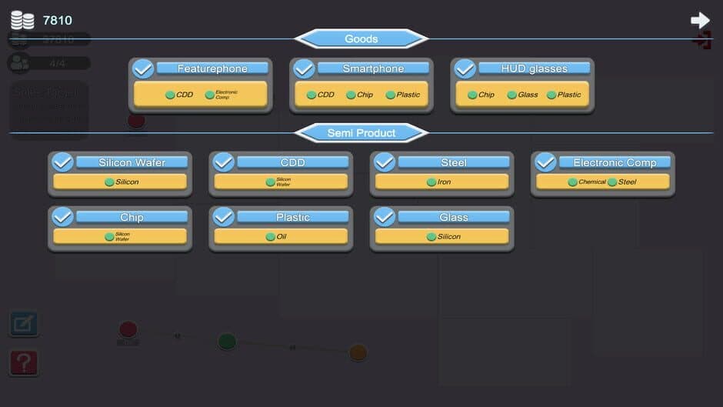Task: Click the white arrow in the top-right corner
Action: coord(700,20)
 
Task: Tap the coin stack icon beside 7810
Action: coord(22,20)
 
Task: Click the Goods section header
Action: coord(361,38)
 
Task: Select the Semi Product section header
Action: coord(361,133)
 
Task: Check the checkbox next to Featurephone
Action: coord(143,69)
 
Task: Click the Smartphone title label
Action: coord(373,68)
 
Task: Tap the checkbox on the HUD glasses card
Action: coord(465,69)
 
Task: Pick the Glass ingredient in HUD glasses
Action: coord(522,95)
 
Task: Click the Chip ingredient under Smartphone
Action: coord(359,95)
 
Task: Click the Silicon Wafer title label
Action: coord(132,162)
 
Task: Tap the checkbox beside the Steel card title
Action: coord(385,162)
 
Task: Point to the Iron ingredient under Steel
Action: coord(439,182)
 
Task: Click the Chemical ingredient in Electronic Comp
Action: coord(587,182)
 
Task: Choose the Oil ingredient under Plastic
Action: coord(276,237)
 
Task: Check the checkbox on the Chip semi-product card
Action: coord(62,217)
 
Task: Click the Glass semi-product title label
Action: coord(453,218)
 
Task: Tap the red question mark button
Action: coord(23,362)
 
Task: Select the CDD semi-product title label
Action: coord(292,162)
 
